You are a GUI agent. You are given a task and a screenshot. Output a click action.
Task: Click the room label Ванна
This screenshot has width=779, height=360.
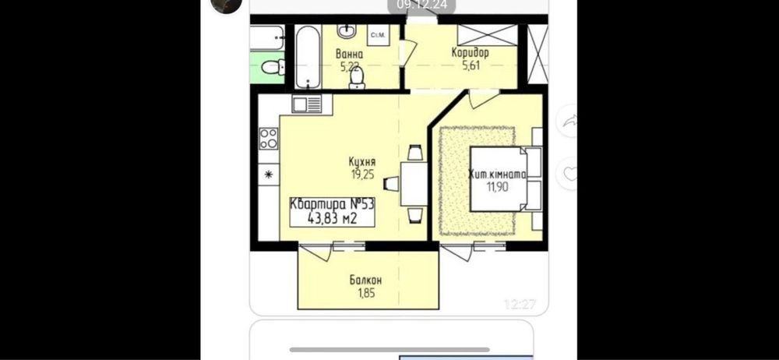coord(349,55)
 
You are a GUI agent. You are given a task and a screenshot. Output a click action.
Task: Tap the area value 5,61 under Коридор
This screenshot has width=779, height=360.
coord(471,65)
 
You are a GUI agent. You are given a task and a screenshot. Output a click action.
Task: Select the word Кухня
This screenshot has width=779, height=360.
coord(361,162)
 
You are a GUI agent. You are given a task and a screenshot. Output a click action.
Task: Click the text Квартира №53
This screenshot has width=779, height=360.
coord(332,204)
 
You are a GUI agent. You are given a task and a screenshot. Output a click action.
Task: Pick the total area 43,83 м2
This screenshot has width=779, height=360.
coord(333,218)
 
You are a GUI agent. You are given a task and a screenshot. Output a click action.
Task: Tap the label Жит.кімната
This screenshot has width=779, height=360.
coord(497,175)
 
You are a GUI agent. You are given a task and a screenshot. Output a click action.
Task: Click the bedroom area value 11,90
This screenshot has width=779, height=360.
coord(497,187)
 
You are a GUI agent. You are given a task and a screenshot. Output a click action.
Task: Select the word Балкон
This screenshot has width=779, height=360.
coord(365,281)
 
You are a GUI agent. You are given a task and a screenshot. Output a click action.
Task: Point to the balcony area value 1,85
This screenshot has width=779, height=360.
coord(366,293)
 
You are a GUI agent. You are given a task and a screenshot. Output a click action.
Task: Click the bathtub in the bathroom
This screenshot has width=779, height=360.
coord(308,57)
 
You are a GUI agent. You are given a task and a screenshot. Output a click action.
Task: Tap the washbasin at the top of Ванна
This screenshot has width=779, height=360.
coord(346,31)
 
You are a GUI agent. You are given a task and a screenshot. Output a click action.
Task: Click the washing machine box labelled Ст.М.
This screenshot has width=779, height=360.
coord(379,35)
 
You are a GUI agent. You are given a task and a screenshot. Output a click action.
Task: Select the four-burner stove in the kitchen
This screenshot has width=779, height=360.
coord(269,139)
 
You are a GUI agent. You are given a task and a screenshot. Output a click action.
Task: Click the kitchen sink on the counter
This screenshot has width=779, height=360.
coord(307,104)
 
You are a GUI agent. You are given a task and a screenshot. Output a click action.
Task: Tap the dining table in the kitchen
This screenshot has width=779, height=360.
coord(414,185)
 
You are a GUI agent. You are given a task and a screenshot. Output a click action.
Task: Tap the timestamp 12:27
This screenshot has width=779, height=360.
coord(520,304)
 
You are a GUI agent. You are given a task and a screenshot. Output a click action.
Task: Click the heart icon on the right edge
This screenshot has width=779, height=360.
coord(571,174)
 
